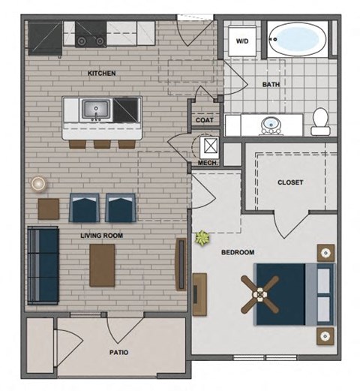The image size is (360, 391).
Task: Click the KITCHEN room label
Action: pyautogui.click(x=102, y=73)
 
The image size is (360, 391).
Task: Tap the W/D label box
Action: pyautogui.click(x=244, y=41)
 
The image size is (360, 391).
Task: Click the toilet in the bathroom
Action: pyautogui.click(x=320, y=121)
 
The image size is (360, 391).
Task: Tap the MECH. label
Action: pyautogui.click(x=207, y=163)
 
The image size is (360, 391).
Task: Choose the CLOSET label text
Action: pyautogui.click(x=290, y=182)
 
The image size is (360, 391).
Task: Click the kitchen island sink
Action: pyautogui.click(x=96, y=110)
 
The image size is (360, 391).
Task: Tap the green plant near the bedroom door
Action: pyautogui.click(x=202, y=239)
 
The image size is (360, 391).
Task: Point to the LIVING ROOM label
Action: pyautogui.click(x=102, y=235)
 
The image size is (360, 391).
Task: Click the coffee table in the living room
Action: pyautogui.click(x=102, y=265)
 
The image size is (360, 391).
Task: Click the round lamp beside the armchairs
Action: pyautogui.click(x=38, y=183)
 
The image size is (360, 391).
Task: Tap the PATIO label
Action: pyautogui.click(x=118, y=351)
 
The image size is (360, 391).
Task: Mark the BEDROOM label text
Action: pyautogui.click(x=238, y=252)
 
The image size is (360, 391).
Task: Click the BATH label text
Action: pyautogui.click(x=271, y=84)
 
